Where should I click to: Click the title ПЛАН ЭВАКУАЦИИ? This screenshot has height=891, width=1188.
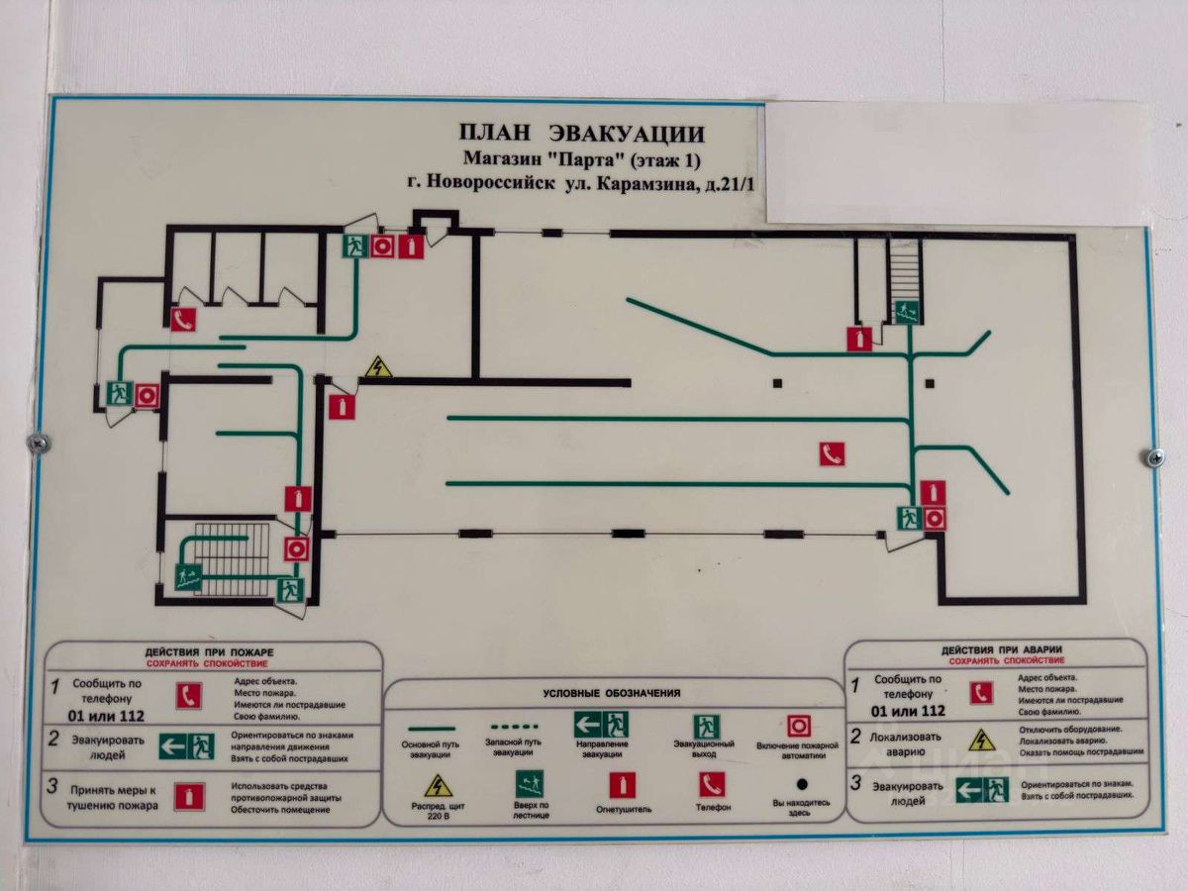(x=582, y=134)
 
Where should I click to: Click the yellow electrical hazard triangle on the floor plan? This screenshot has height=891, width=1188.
(x=377, y=367)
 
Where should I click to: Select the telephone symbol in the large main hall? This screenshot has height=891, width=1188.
(x=832, y=454)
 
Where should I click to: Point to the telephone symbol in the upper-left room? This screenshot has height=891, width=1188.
(x=183, y=320)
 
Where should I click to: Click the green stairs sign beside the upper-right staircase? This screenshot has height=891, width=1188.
(x=906, y=312)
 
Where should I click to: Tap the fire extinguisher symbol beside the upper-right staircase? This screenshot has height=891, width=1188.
(x=859, y=339)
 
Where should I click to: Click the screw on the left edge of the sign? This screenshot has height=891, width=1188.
(x=40, y=443)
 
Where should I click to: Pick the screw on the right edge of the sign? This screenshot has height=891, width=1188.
(x=1153, y=456)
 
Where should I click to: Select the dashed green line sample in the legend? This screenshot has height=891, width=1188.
(x=512, y=728)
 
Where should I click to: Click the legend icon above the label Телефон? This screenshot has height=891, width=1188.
(x=712, y=784)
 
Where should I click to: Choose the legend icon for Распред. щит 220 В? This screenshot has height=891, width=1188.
(x=438, y=786)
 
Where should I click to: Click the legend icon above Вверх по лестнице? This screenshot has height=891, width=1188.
(x=530, y=784)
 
